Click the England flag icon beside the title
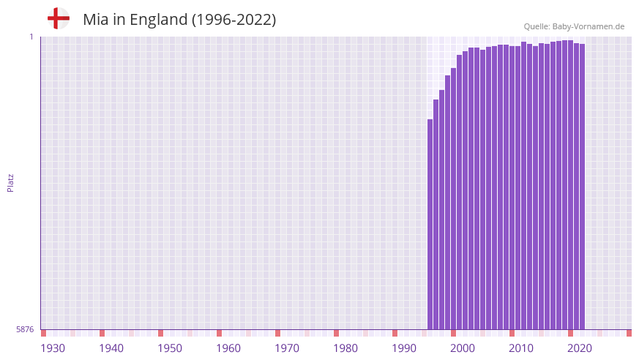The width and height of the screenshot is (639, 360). tap(58, 18)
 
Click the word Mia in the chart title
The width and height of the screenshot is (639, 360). tap(96, 20)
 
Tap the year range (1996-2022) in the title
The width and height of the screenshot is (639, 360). tap(233, 20)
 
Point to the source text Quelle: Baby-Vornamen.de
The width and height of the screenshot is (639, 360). tap(574, 26)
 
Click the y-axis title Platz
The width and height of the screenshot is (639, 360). tap(10, 182)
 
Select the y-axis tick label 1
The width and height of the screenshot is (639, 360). tap(31, 37)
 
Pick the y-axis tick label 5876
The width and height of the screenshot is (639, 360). tap(25, 330)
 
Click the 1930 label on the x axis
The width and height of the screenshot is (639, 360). tap(53, 348)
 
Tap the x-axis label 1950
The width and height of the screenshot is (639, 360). tap(170, 348)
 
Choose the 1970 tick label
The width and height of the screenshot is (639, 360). tap(287, 348)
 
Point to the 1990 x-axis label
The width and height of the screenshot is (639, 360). tap(404, 348)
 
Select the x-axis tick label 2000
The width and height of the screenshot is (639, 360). tap(463, 348)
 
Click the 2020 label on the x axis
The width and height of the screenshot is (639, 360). tap(580, 348)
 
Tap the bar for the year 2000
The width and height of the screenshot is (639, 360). tap(454, 198)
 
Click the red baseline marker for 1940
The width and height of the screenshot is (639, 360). tap(102, 333)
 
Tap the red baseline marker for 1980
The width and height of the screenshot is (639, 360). tap(336, 333)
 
